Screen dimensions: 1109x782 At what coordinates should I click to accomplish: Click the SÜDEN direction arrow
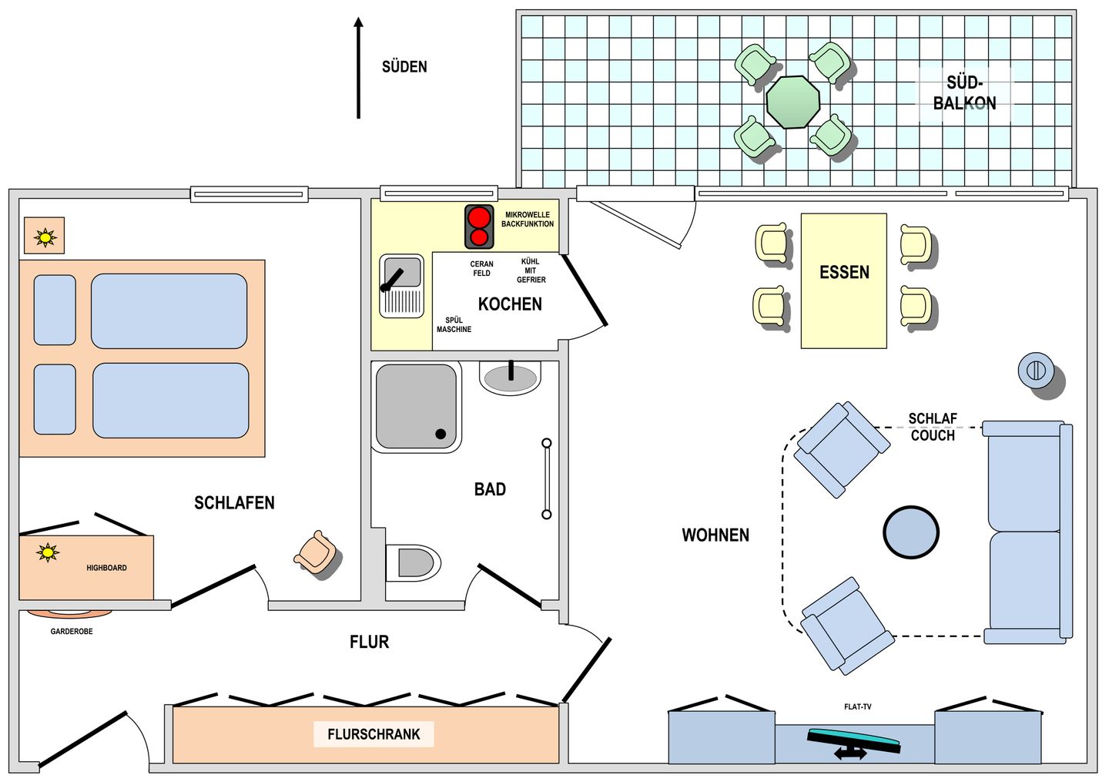[x=358, y=68]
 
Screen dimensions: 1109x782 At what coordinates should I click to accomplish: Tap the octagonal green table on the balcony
[x=792, y=102]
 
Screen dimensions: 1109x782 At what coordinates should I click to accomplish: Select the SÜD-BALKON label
[x=964, y=92]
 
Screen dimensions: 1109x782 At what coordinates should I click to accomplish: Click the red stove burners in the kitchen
[x=479, y=227]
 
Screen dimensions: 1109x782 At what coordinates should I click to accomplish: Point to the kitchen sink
[x=401, y=287]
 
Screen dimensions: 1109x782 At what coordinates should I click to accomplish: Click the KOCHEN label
[x=510, y=304]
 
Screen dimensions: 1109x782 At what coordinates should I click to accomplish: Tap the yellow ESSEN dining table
[x=843, y=280]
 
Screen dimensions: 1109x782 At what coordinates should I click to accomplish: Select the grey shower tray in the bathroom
[x=417, y=407]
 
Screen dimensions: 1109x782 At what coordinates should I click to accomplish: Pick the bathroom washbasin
[x=510, y=378]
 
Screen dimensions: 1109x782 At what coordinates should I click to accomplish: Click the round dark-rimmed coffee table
[x=911, y=532]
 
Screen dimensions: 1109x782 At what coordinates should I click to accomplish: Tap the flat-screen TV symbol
[x=853, y=740]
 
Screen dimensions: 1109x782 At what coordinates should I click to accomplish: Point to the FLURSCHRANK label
[x=374, y=734]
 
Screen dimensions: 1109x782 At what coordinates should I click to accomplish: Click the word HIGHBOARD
[x=106, y=568]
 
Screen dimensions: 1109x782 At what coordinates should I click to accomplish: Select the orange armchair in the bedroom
[x=316, y=552]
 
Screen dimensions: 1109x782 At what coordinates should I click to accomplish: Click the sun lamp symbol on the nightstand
[x=45, y=238]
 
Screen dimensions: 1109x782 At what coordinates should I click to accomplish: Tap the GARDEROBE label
[x=72, y=632]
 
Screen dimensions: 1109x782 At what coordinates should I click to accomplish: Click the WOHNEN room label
[x=715, y=535]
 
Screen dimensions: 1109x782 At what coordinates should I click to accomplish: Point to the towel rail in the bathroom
[x=547, y=479]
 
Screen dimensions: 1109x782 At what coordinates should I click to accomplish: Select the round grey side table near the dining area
[x=1036, y=371]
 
